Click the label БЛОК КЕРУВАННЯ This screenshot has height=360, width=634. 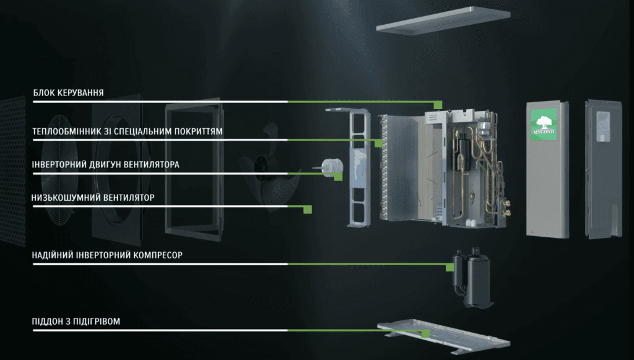click(68, 93)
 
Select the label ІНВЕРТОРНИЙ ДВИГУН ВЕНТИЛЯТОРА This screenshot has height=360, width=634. click(106, 164)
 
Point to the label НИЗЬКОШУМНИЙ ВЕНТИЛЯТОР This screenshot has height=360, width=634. click(93, 197)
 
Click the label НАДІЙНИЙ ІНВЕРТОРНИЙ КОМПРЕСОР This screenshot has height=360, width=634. click(108, 255)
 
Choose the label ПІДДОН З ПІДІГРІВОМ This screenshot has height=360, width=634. click(76, 322)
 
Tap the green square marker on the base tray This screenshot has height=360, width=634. click(425, 333)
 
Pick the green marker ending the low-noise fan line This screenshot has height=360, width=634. click(307, 209)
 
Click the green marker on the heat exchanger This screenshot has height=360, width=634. click(378, 143)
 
